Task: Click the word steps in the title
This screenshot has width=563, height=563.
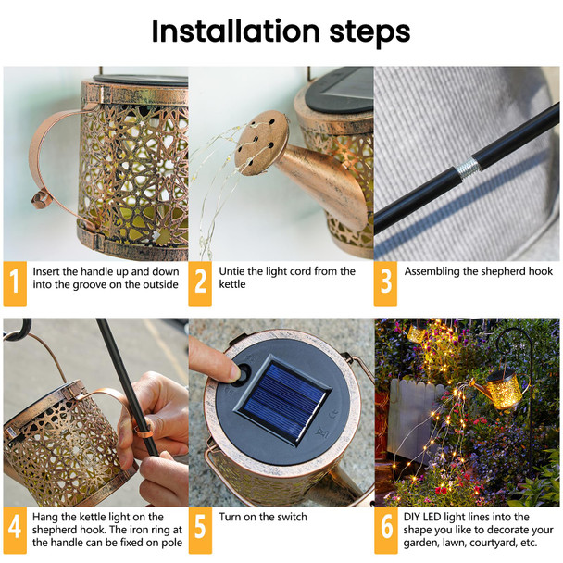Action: [366, 33]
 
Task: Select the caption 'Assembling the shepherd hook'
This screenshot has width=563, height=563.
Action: [478, 271]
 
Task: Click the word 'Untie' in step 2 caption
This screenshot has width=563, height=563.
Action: [234, 271]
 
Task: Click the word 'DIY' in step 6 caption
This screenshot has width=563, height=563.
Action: [415, 517]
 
